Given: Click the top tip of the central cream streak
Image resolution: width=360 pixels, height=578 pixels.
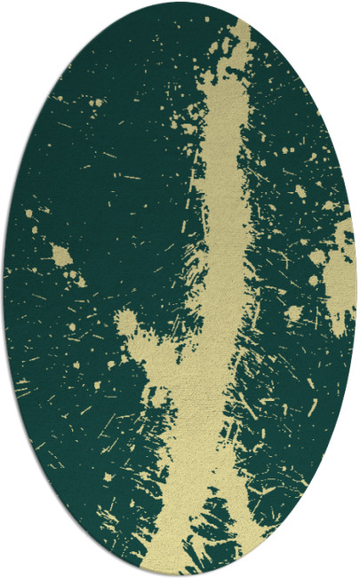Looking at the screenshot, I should (x=239, y=27).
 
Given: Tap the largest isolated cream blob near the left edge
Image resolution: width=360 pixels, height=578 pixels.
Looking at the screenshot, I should (x=60, y=256).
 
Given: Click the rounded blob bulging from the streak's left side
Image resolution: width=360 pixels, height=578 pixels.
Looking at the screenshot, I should (x=127, y=324).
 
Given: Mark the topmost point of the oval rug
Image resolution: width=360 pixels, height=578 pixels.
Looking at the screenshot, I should (x=180, y=2).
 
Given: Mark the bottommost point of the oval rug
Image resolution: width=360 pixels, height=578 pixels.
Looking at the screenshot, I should (x=180, y=576).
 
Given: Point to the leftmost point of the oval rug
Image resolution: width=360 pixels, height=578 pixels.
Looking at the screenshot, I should (x=3, y=289).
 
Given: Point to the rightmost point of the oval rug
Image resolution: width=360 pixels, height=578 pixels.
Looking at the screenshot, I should (x=356, y=289).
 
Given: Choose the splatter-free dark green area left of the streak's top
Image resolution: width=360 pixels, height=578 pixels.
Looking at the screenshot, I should (x=116, y=107).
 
